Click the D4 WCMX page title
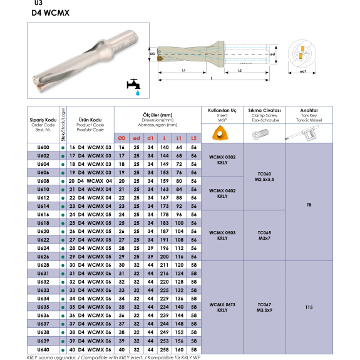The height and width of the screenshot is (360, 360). point(51,13)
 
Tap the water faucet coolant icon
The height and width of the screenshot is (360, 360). point(134,87)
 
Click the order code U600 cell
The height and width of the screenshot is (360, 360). point(43,147)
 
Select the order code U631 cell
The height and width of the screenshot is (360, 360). point(43,274)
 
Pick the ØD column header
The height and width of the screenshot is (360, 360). point(121,138)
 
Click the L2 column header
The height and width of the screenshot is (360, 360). point(194,138)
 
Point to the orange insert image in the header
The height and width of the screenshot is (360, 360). point(220,133)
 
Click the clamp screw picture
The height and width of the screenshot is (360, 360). point(260,134)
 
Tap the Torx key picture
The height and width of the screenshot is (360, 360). point(302,133)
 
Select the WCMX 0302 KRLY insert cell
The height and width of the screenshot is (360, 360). point(222,160)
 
